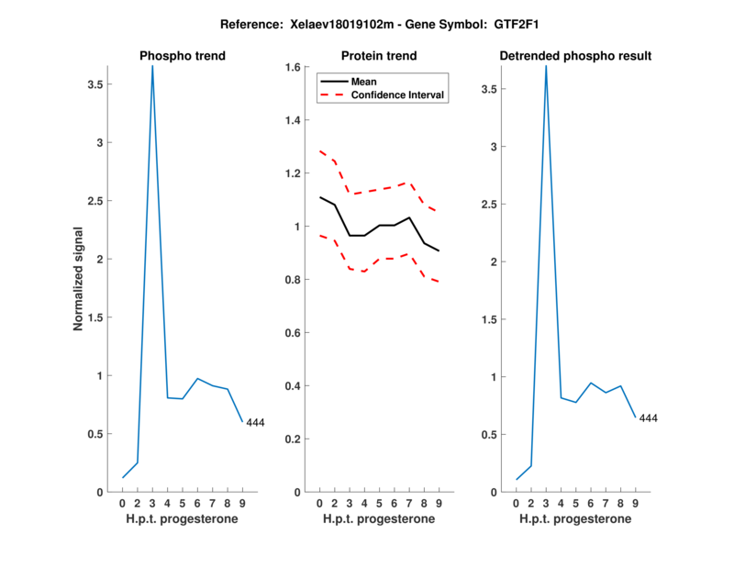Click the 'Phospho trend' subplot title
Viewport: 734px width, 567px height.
[183, 56]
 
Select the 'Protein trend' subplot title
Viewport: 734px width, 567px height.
[379, 56]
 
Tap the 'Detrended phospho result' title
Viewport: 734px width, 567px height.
[575, 56]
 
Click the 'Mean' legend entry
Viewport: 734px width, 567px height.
[364, 82]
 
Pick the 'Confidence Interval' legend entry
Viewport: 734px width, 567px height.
[398, 94]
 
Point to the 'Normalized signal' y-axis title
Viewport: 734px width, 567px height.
[79, 278]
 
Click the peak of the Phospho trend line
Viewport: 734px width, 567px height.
[152, 67]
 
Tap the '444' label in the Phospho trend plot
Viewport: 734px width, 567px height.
[255, 423]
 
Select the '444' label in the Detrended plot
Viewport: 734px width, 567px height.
[648, 418]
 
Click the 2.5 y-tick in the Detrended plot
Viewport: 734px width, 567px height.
[495, 205]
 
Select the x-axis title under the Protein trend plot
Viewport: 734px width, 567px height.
[379, 519]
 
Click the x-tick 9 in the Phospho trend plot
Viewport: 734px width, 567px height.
[241, 504]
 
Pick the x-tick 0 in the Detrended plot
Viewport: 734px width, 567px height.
[517, 504]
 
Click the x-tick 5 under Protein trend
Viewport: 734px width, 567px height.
[379, 504]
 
